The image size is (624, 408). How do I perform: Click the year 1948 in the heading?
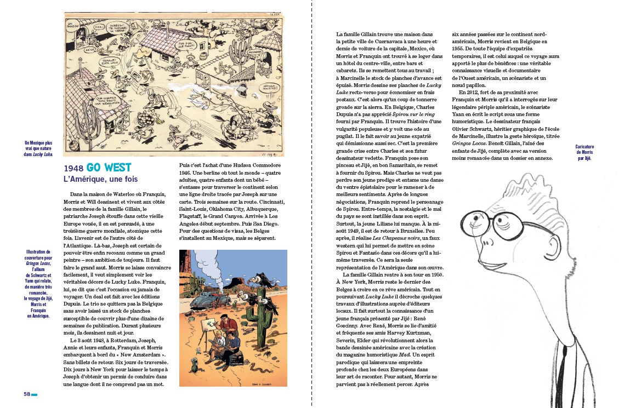(73, 168)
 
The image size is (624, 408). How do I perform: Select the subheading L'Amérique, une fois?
(100, 179)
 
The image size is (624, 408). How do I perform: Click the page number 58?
(26, 393)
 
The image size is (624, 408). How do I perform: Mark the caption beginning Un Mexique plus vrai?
(38, 149)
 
